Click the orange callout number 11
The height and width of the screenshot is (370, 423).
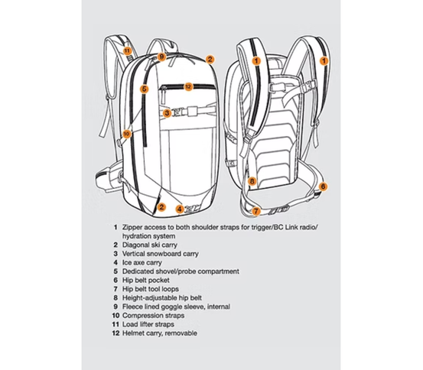pos(127,50)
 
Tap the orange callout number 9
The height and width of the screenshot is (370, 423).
pos(161,57)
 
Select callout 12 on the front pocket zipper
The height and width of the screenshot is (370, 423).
pos(188,86)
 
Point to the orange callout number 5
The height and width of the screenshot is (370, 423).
pos(145,89)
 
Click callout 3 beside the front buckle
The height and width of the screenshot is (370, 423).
pos(167,113)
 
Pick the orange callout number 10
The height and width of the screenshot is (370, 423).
pos(126,134)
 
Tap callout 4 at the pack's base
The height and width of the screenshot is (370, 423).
pos(180,209)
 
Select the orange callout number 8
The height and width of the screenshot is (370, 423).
pos(252,181)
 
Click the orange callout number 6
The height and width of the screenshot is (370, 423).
pos(323,187)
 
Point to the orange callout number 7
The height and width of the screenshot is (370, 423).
pos(256,211)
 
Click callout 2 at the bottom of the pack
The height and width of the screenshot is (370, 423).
pos(161,207)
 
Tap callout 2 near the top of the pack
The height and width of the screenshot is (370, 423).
pos(210,60)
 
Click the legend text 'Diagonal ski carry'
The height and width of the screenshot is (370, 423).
pos(150,245)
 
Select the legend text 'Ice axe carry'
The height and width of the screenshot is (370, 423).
pos(142,262)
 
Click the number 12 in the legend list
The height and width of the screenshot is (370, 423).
pos(116,333)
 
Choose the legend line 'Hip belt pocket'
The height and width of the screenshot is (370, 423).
pos(146,281)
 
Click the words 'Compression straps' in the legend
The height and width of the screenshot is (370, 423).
pos(153,316)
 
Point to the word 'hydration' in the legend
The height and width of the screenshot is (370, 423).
pos(137,236)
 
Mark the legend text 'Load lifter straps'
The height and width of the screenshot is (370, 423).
pos(148,324)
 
